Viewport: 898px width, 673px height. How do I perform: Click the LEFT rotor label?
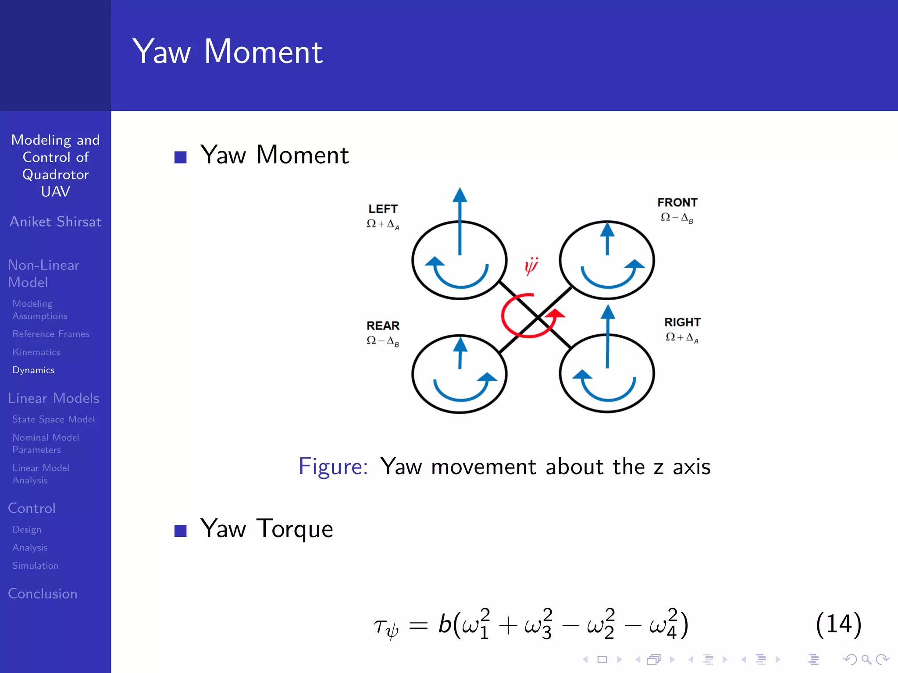pos(383,209)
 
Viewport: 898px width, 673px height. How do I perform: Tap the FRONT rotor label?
pos(677,202)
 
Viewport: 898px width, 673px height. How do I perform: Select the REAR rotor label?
pos(383,326)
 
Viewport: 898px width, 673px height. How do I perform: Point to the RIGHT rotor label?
pos(682,322)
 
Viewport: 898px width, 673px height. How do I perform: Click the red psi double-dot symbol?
pos(531,266)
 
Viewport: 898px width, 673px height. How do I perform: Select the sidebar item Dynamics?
pos(33,370)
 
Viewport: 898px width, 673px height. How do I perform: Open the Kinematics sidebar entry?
pos(36,352)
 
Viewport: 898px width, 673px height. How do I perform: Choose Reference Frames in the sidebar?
pos(51,334)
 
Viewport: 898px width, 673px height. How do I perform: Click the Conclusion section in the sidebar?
pos(43,594)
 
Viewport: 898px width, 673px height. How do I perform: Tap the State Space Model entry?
pos(53,419)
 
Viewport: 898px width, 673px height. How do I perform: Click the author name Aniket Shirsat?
pos(55,222)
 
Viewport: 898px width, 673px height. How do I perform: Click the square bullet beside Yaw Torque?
pos(180,531)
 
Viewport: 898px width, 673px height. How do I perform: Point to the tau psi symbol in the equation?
pos(386,627)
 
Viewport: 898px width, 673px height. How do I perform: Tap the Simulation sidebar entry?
pos(35,566)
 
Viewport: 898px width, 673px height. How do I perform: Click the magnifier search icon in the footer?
pos(866,659)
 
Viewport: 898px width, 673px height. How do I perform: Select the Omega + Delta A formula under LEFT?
pos(383,224)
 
